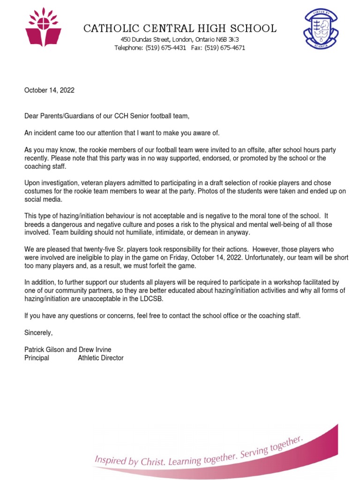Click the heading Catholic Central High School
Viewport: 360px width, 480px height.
(180, 29)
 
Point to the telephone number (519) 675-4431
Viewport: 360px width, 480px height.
(165, 48)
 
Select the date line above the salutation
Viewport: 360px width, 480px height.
(49, 90)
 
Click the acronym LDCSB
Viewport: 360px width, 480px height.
(172, 300)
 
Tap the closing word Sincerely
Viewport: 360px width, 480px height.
(39, 333)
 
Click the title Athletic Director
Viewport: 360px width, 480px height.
(101, 358)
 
